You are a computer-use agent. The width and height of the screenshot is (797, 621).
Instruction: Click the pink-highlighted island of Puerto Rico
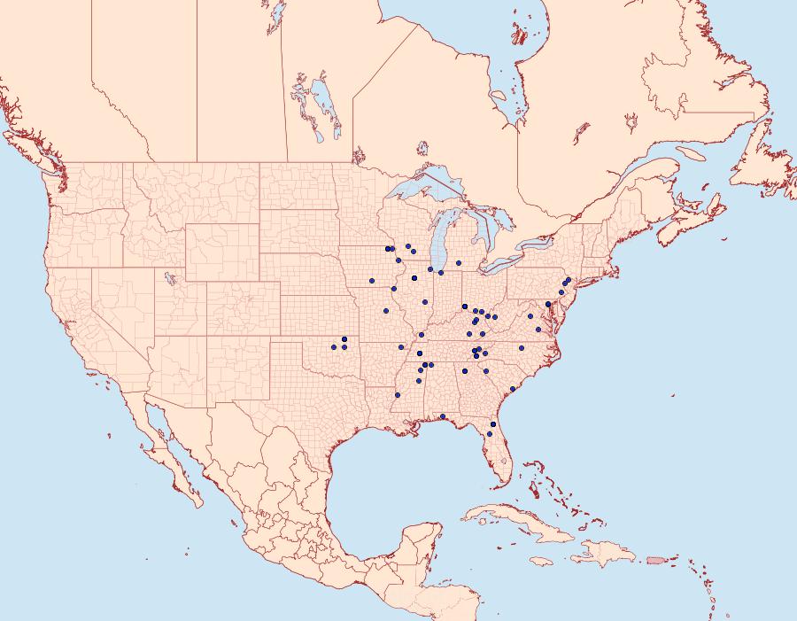tap(656, 559)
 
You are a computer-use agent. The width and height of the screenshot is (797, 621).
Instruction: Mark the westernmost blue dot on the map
tap(335, 346)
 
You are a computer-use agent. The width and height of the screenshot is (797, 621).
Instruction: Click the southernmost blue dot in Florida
tap(489, 434)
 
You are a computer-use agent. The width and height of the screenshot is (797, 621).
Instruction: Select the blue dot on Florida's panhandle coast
tap(443, 416)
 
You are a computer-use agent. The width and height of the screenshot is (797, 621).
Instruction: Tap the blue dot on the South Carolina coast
tap(513, 389)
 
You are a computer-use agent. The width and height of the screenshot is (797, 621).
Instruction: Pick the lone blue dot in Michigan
tap(458, 263)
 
